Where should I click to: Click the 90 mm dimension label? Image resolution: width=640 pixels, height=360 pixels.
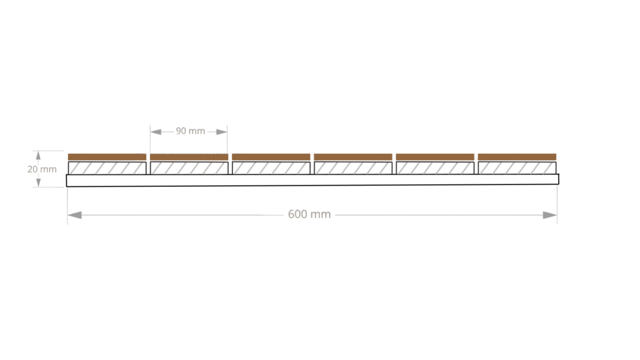(190, 131)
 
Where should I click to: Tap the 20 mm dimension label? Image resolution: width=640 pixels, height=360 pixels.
(42, 169)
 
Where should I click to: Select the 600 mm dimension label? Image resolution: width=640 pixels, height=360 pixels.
(309, 214)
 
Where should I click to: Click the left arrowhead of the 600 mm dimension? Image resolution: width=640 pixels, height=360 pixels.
(75, 215)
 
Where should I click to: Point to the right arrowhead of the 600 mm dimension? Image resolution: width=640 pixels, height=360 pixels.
(550, 215)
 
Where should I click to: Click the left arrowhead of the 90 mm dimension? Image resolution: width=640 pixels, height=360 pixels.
(156, 132)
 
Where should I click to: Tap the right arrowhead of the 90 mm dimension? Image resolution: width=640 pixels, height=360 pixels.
(222, 132)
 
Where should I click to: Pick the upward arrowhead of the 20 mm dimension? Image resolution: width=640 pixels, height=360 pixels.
(38, 155)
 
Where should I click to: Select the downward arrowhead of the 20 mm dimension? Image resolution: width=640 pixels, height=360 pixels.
(38, 182)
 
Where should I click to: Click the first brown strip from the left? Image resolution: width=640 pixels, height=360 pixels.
(107, 157)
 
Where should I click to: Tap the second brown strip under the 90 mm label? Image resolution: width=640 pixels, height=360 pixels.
(189, 157)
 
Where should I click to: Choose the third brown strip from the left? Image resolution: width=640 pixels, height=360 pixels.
(271, 157)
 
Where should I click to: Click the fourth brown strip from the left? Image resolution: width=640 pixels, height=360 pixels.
(353, 157)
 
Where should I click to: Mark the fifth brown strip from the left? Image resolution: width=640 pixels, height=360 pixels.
(435, 157)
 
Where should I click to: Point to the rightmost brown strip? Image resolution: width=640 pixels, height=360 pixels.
(517, 157)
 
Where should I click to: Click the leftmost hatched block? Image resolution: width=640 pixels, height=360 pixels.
(107, 168)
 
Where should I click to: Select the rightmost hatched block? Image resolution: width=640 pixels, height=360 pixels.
(517, 168)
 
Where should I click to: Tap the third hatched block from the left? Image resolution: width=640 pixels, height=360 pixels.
(271, 168)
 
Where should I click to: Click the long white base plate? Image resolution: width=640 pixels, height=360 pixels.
(312, 180)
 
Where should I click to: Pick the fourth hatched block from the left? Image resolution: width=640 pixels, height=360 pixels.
(353, 168)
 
